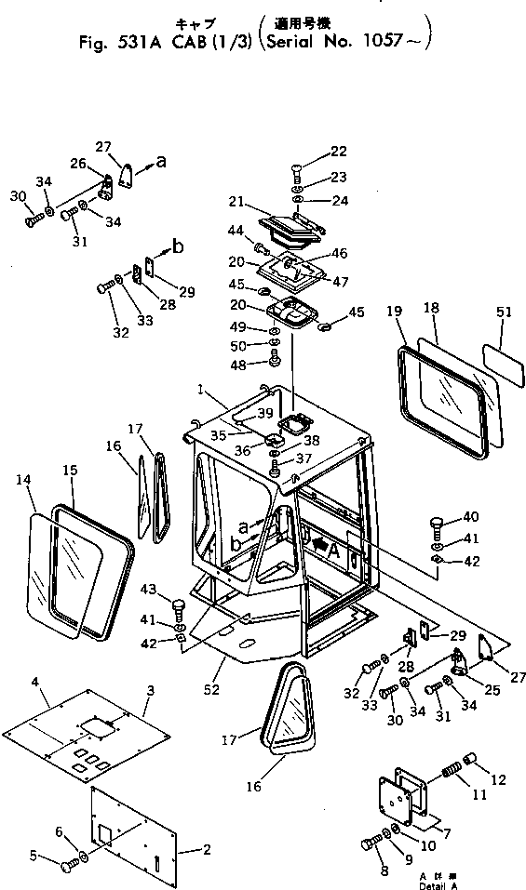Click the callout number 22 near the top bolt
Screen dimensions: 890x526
[338, 152]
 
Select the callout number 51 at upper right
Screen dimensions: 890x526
[504, 314]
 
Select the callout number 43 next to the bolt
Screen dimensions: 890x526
[150, 591]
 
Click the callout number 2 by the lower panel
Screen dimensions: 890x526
[207, 850]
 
